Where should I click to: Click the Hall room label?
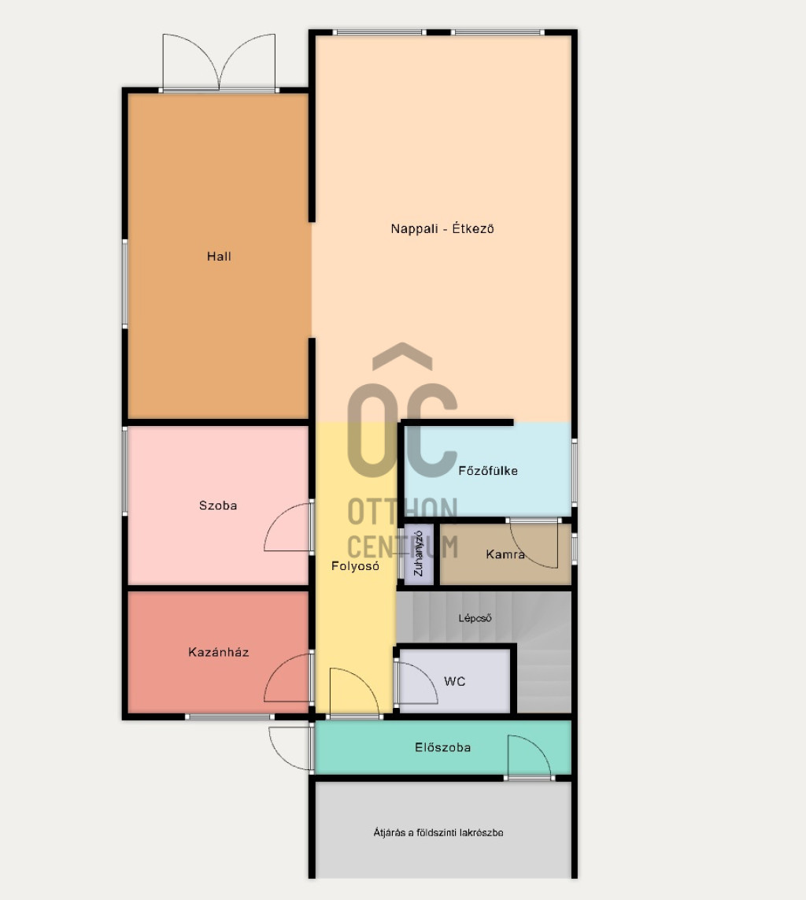[219, 257]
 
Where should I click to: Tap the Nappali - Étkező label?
[442, 228]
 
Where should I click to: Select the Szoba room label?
[218, 506]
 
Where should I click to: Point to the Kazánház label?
[219, 652]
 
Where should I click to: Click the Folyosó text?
[355, 566]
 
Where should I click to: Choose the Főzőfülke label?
[488, 471]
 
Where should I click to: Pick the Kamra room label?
[505, 554]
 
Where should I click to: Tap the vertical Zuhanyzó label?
[418, 554]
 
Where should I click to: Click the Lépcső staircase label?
[475, 618]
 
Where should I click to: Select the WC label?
[454, 681]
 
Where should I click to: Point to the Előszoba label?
[443, 747]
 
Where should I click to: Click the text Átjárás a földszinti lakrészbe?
[438, 832]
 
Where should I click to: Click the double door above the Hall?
[219, 62]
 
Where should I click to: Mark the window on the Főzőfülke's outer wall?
[575, 472]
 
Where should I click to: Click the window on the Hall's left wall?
[125, 283]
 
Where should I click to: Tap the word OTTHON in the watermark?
[403, 511]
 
